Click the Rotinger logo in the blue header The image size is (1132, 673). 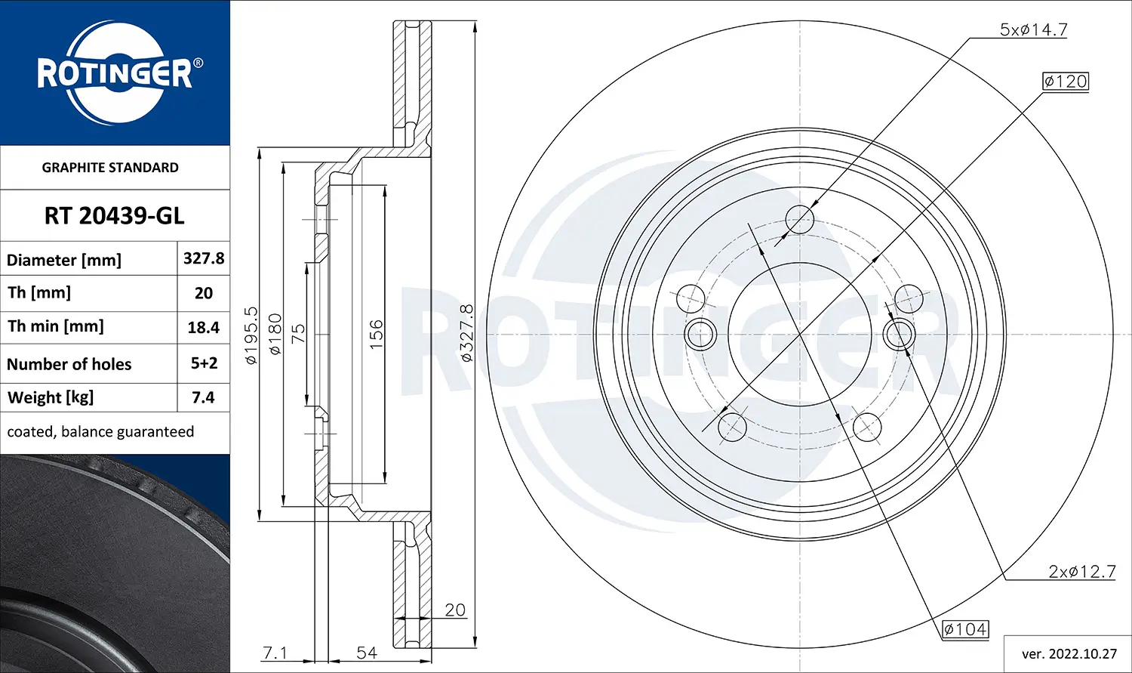point(115,73)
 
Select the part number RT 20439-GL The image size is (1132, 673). point(114,216)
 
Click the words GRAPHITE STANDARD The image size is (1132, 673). point(110,168)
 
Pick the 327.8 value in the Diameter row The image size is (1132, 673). point(204,258)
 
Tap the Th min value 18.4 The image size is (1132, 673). point(203,327)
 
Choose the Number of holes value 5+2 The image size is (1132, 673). point(204,363)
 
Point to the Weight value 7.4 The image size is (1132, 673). point(203,397)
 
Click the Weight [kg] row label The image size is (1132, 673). point(51,397)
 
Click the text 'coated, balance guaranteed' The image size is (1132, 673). point(100,431)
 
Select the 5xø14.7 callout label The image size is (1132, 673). point(1033,29)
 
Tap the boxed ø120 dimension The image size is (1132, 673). point(1066,81)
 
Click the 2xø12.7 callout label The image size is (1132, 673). point(1081,572)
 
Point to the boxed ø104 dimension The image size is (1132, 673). point(964,629)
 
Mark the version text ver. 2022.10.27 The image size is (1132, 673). point(1069,653)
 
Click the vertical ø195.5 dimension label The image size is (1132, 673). point(251,335)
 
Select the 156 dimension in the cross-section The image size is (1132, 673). point(376,334)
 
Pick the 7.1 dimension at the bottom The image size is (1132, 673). point(275,652)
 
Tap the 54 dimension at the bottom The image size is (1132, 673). point(367,652)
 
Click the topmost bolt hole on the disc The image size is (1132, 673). point(800,219)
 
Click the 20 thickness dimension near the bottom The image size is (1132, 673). point(455,610)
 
